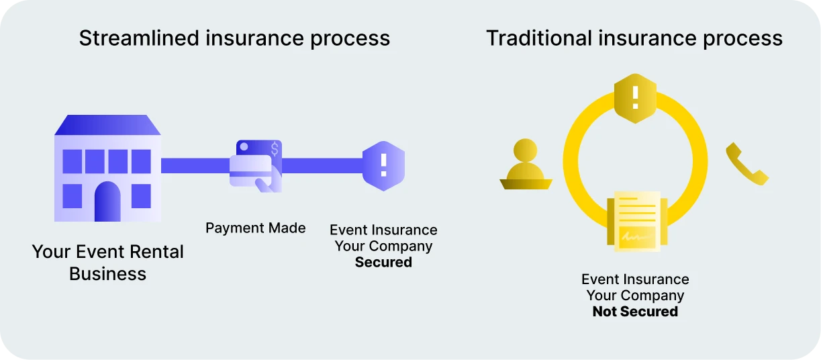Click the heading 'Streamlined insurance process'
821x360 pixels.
pos(234,38)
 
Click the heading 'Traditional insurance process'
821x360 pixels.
pos(634,38)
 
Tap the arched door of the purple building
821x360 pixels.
pos(107,201)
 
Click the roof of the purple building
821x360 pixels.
pos(107,125)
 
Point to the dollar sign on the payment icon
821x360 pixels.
pos(274,148)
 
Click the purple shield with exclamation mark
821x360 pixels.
pos(383,165)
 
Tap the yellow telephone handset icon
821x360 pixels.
pos(746,165)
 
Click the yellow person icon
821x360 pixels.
pos(526,165)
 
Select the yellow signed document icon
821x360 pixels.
pos(634,221)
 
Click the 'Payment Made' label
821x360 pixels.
pos(255,228)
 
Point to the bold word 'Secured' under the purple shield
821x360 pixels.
pos(383,263)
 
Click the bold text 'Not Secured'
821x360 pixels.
pos(635,312)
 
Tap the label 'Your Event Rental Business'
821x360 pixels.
pos(107,263)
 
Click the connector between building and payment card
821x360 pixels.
pos(195,165)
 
